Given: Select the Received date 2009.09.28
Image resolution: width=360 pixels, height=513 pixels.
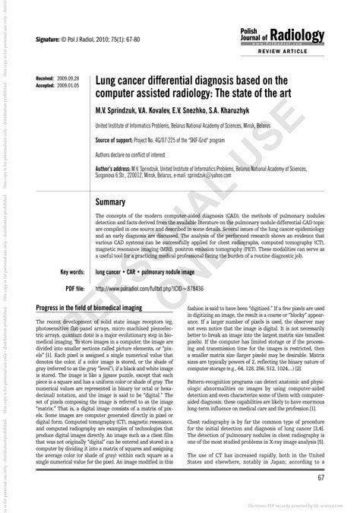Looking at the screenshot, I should tap(67, 79).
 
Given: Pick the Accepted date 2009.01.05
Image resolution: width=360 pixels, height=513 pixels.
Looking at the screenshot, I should tap(67, 86).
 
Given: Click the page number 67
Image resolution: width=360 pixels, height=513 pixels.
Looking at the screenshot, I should tap(321, 477).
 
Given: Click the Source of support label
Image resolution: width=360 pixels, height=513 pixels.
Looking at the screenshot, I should tap(119, 141).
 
